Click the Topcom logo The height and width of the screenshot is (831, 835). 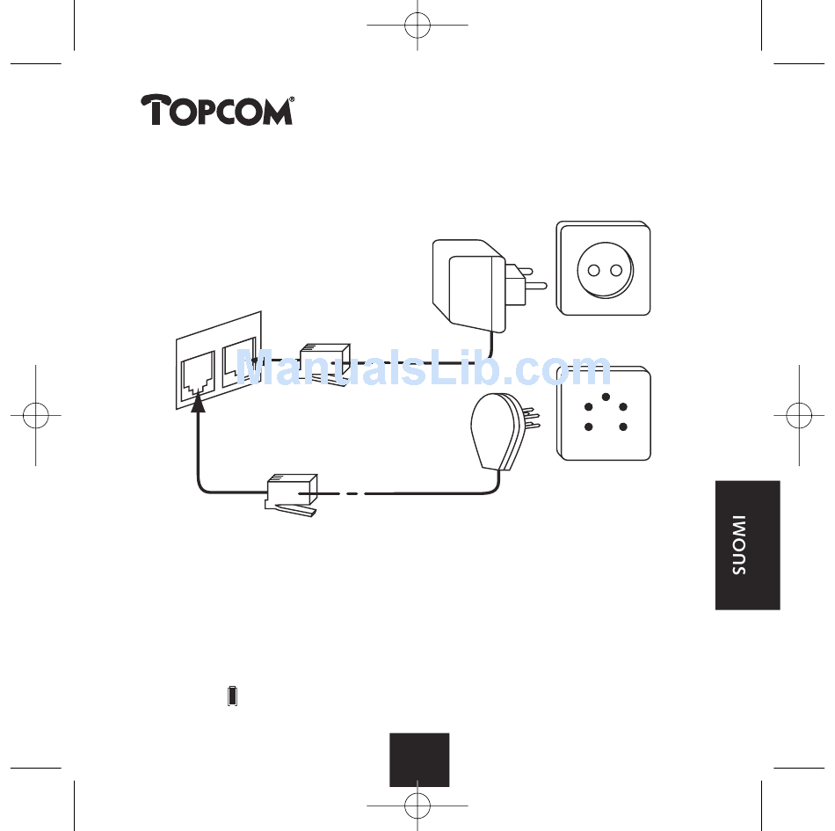[215, 111]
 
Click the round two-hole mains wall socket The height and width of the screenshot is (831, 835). [604, 269]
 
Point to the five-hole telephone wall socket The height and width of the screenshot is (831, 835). [604, 413]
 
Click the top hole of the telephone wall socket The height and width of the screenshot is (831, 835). [605, 397]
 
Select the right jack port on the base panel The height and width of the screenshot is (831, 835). [240, 363]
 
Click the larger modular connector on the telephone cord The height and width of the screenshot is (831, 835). [291, 496]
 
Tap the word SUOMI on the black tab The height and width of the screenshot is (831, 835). [739, 545]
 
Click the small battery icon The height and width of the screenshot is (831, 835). [232, 696]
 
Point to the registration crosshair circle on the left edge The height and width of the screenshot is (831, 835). [36, 415]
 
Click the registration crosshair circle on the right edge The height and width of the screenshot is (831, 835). [799, 415]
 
